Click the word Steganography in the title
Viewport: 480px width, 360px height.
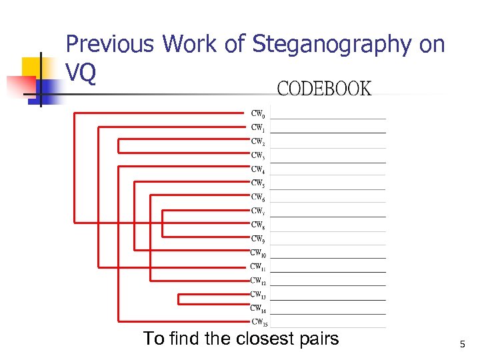331,45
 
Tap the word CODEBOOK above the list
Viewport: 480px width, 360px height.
324,89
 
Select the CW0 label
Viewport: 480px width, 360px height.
258,114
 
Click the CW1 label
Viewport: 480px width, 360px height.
258,127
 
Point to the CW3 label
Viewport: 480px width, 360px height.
258,155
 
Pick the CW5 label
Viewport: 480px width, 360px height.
258,183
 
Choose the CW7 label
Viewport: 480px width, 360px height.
258,211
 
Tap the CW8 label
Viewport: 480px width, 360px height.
258,225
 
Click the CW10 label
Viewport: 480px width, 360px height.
258,253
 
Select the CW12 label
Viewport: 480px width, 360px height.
258,280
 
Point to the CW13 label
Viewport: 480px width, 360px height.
258,294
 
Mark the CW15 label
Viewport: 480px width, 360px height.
259,321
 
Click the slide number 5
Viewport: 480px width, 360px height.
461,344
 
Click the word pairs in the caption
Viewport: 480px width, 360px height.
319,339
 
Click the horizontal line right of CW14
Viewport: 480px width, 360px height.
328,313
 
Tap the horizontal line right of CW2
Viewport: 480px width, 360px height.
328,147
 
